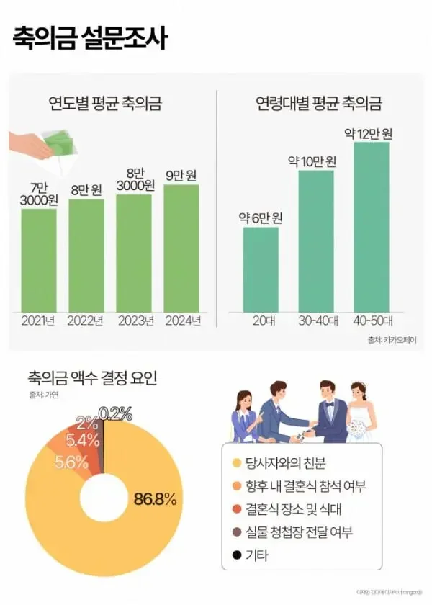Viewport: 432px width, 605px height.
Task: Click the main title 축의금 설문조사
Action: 90,37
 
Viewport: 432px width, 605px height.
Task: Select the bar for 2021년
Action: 39,259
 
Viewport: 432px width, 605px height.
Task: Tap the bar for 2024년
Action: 181,248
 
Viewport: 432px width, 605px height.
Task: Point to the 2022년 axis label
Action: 86,321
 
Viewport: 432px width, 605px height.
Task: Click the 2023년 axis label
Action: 134,321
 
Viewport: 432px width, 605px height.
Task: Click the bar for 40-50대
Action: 372,227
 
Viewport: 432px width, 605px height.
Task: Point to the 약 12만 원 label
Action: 369,133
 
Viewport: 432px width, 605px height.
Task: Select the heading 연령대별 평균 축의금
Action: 319,103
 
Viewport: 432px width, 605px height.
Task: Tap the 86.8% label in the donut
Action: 155,498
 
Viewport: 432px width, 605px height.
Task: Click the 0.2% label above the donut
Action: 115,413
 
